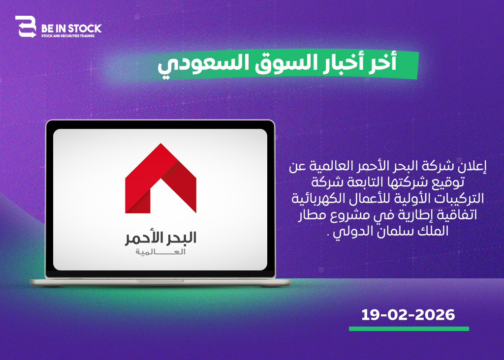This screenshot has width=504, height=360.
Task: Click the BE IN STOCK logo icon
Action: pyautogui.click(x=26, y=27)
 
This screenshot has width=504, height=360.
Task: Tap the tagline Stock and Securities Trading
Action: pyautogui.click(x=68, y=36)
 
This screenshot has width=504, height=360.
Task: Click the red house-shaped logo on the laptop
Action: pyautogui.click(x=161, y=178)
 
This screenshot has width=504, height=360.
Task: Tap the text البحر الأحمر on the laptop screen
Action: pyautogui.click(x=161, y=238)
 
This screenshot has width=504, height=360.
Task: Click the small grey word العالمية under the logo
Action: pyautogui.click(x=160, y=252)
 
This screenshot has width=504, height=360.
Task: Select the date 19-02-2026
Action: pyautogui.click(x=408, y=315)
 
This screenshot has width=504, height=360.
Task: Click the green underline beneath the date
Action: pyautogui.click(x=409, y=329)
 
